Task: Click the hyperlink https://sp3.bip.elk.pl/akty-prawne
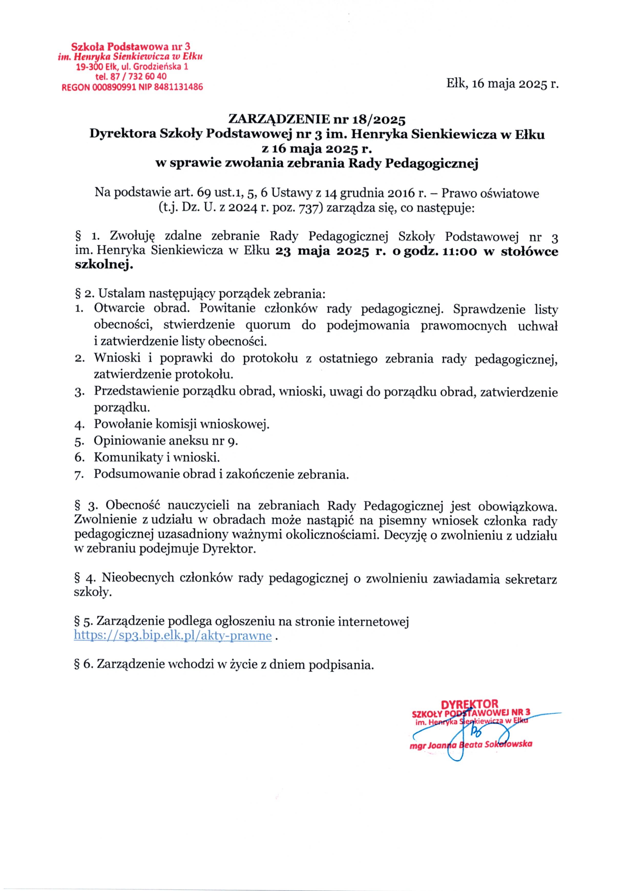[x=173, y=636]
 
